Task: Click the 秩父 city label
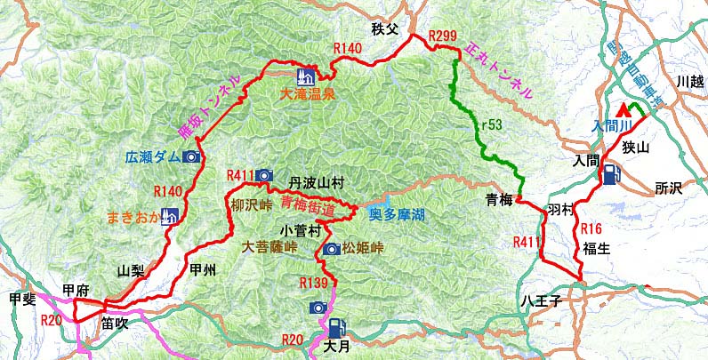[x=388, y=29]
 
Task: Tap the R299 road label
[x=442, y=36]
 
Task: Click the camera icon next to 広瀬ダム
[x=191, y=157]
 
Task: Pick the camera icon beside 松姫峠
[x=331, y=249]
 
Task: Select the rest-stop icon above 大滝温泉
[x=304, y=75]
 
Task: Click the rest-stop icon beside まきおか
[x=169, y=216]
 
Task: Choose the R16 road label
[x=591, y=228]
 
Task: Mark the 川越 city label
[x=689, y=81]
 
